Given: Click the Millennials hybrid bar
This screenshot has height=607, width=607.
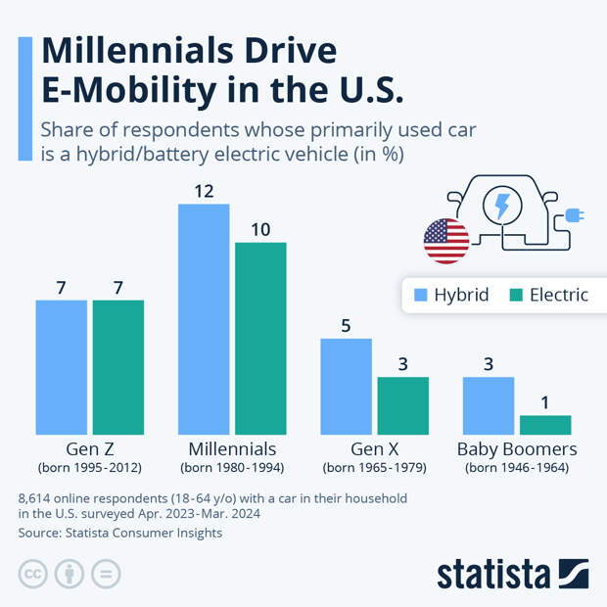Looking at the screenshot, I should click(x=204, y=319).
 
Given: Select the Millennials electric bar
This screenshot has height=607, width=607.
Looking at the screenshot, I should click(x=260, y=338).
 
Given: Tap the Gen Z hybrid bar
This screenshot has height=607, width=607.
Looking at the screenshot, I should click(x=62, y=367).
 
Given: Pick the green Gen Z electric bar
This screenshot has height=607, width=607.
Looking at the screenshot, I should click(x=118, y=367).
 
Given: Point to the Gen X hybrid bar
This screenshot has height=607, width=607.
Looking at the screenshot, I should click(x=347, y=386).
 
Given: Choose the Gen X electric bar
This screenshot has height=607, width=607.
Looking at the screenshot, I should click(x=403, y=405).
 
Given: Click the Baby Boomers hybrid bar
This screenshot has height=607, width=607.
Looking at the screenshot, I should click(x=489, y=405).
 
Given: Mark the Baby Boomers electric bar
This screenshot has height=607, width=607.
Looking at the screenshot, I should click(x=545, y=424).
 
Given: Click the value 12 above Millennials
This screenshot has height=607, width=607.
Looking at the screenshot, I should click(x=204, y=191).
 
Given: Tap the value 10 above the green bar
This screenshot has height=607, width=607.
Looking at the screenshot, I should click(x=260, y=229).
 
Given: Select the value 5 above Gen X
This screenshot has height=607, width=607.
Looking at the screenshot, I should click(x=347, y=325).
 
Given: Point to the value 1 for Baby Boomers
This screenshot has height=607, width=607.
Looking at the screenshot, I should click(x=545, y=401).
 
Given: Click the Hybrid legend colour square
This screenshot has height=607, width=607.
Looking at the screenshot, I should click(x=421, y=295).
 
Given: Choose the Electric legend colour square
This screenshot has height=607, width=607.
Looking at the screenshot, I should click(x=517, y=295).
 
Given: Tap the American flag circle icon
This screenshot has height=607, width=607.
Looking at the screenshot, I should click(x=446, y=241).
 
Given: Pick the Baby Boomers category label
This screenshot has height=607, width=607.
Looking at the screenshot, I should click(x=517, y=449).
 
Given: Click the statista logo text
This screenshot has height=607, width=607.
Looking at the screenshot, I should click(x=494, y=574).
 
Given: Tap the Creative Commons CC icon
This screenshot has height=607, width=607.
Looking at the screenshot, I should click(x=33, y=574).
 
